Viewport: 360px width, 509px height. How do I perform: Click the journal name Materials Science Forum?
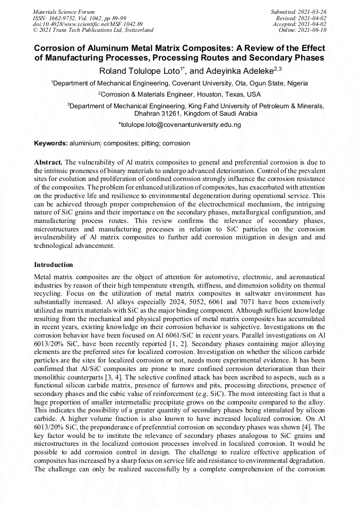click(x=64, y=11)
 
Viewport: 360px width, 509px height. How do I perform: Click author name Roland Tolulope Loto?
click(x=140, y=71)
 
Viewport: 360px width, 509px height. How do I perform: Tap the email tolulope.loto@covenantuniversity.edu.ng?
click(x=179, y=125)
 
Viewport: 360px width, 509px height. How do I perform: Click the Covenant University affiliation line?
click(x=179, y=83)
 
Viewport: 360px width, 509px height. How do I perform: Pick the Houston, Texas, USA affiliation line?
click(x=179, y=94)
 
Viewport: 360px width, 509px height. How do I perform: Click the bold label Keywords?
click(x=51, y=143)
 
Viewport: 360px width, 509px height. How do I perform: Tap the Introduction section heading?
click(x=54, y=264)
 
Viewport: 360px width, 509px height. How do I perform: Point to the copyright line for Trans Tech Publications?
click(x=93, y=30)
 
